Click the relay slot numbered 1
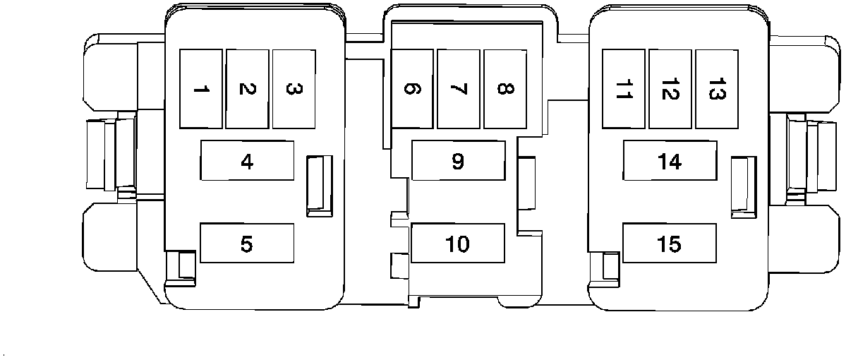point(201,89)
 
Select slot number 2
point(247,89)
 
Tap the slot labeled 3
point(294,89)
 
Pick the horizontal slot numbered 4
point(247,161)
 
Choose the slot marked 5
point(247,244)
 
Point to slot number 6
point(412,89)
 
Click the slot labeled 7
point(458,89)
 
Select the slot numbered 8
point(505,89)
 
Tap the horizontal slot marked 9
point(458,161)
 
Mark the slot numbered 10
point(458,244)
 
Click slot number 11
point(623,89)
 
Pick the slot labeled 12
point(670,89)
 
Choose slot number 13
point(716,89)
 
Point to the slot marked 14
point(670,161)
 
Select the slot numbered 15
point(670,244)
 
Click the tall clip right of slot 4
point(318,184)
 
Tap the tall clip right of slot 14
point(741,184)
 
